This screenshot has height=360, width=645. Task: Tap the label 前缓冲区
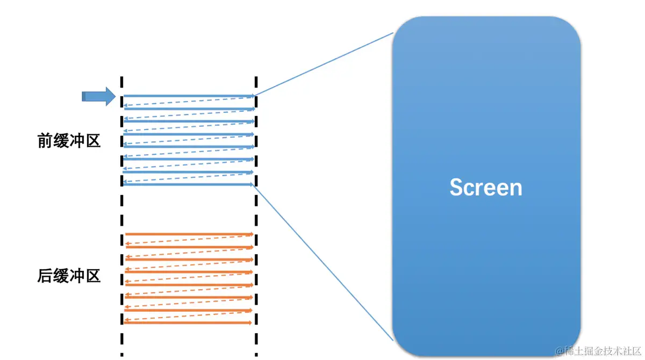pos(69,141)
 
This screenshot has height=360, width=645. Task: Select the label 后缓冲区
pos(69,276)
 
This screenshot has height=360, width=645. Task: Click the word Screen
pos(485,188)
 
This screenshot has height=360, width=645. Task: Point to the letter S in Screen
pos(457,188)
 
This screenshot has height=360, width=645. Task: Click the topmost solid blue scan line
pos(188,96)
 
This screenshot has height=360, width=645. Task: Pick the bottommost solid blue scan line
pos(188,184)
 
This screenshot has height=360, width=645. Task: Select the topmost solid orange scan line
pos(188,234)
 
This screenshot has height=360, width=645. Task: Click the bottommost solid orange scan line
pos(188,323)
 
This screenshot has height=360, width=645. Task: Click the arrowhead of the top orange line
pos(250,234)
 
